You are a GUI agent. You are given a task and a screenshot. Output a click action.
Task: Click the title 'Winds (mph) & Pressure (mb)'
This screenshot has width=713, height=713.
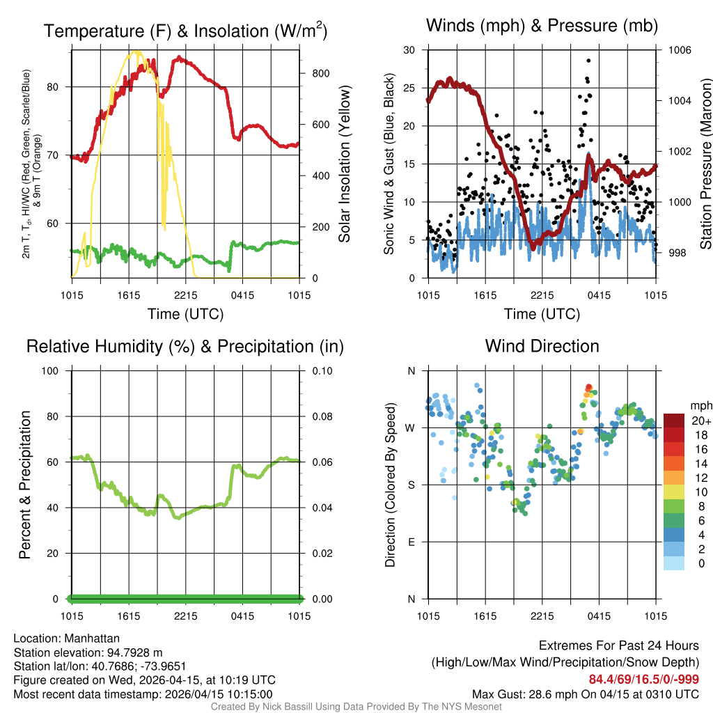click(542, 26)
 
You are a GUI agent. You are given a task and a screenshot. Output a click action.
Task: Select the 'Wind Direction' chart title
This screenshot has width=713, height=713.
click(542, 346)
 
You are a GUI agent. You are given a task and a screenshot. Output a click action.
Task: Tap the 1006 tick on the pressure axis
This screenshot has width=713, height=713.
click(679, 50)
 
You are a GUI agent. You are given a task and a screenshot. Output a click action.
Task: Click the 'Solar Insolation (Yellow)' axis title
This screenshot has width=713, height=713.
click(345, 164)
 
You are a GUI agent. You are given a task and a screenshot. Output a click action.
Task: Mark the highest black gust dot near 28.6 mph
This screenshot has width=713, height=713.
click(588, 61)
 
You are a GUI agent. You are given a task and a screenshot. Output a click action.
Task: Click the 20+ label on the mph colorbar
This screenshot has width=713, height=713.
click(700, 421)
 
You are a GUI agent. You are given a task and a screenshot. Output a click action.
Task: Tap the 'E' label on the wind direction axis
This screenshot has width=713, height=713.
click(411, 542)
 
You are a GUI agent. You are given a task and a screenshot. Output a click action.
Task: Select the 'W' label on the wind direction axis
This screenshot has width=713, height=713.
click(411, 428)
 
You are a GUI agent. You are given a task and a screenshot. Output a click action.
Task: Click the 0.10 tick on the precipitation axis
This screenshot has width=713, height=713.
click(321, 370)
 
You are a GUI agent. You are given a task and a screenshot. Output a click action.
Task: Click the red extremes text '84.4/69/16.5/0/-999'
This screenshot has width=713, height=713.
click(644, 680)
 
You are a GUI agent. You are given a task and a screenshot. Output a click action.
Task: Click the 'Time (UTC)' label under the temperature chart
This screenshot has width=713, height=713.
click(185, 314)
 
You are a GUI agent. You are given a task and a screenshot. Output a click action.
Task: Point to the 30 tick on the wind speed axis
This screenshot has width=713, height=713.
click(409, 50)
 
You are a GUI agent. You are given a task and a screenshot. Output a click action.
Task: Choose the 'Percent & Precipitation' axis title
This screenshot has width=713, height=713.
click(25, 485)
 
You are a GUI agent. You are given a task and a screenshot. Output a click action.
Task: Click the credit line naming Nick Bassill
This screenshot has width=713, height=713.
click(356, 707)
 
